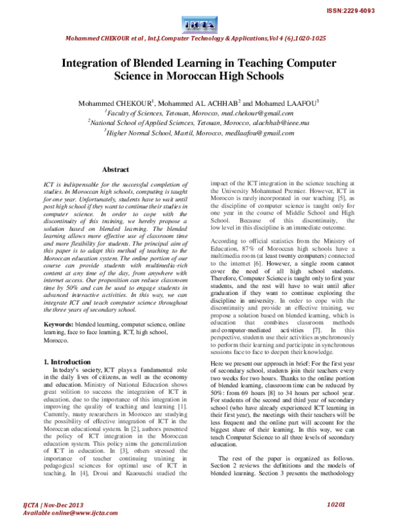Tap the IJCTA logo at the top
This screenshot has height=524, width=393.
(x=196, y=24)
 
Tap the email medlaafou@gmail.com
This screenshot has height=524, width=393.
(x=256, y=132)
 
